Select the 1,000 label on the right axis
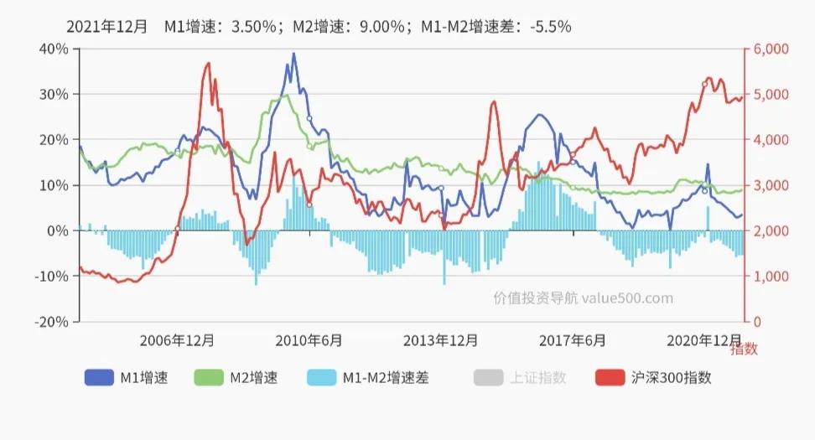(x=771, y=276)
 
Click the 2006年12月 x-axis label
(x=177, y=340)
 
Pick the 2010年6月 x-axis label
(x=309, y=340)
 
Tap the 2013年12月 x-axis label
(x=441, y=340)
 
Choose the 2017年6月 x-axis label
(x=574, y=340)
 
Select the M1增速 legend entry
(x=126, y=378)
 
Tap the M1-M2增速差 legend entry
(x=367, y=378)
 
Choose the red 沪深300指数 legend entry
(x=653, y=378)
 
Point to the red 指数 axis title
(x=743, y=349)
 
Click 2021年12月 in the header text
(x=106, y=26)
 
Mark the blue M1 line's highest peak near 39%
(x=293, y=54)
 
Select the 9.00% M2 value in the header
(x=380, y=26)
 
